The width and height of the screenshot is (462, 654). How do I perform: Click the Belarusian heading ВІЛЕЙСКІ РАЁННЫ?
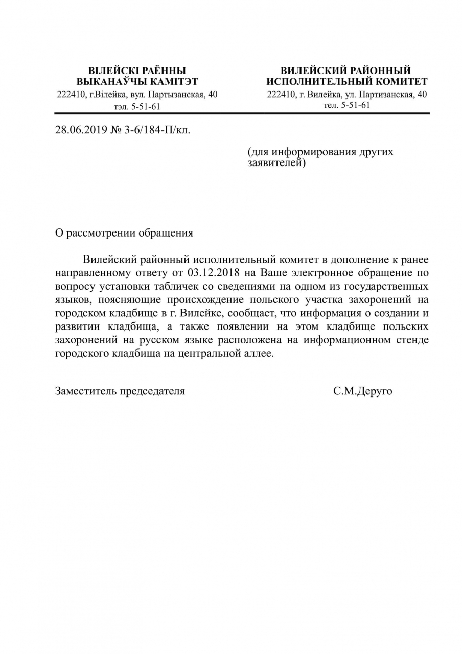(x=137, y=71)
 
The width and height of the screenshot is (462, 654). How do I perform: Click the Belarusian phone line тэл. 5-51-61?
(x=137, y=107)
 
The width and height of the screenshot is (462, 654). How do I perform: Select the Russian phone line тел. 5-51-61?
(x=346, y=105)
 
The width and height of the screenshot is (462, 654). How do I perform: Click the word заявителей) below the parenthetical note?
(x=276, y=163)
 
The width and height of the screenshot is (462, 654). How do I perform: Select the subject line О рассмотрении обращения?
(x=124, y=233)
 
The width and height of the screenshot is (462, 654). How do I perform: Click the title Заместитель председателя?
(x=120, y=391)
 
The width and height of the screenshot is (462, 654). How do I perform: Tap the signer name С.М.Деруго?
(x=362, y=391)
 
